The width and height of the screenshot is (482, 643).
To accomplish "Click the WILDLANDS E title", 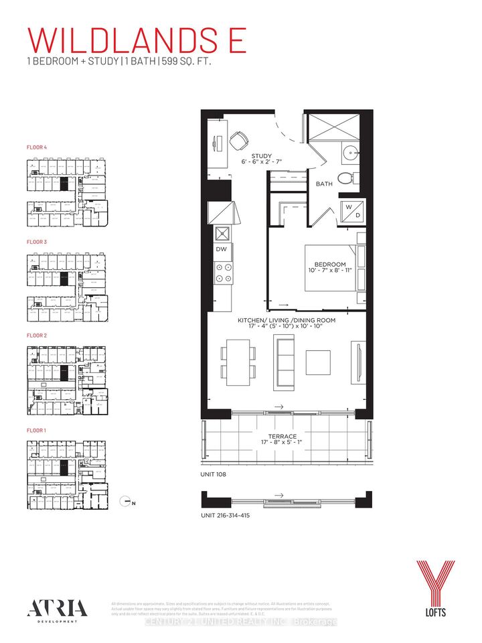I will tap(138, 41).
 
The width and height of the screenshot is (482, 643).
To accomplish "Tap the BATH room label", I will tap(324, 183).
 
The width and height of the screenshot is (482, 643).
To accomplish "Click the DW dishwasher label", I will tap(221, 249).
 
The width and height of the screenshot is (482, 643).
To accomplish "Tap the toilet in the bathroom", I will tap(345, 179).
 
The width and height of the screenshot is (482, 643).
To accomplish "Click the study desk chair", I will tap(238, 140).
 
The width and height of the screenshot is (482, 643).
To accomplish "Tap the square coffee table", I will tap(318, 362).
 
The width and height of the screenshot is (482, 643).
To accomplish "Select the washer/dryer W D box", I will tap(353, 210).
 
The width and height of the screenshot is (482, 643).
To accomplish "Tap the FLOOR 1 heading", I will tap(37, 430).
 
